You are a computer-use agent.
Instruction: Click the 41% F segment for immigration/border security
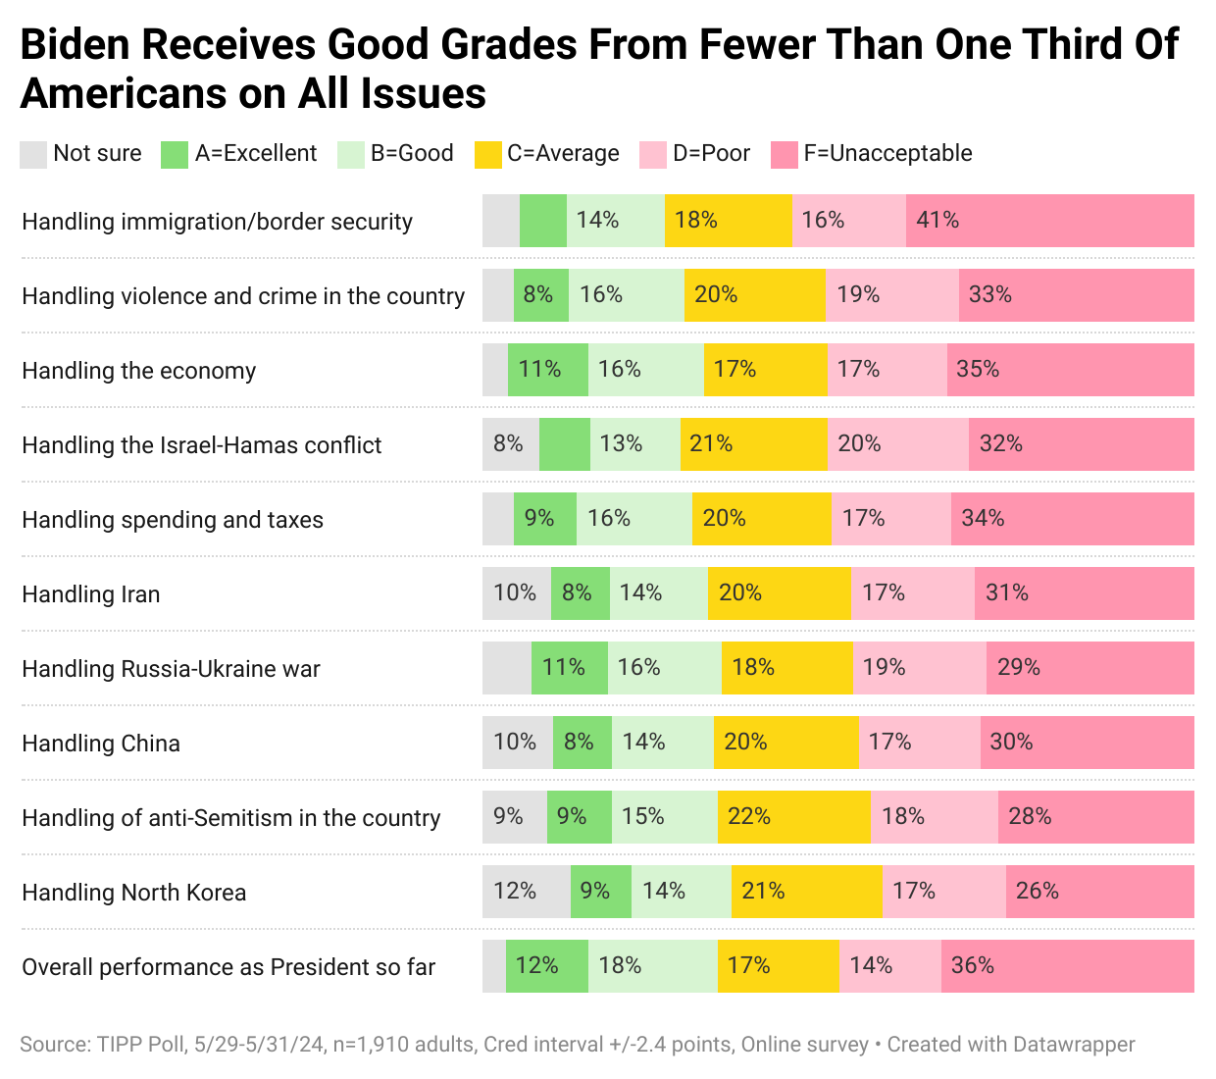(1049, 221)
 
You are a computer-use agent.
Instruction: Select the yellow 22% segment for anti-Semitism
(793, 817)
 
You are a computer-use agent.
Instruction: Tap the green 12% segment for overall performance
(546, 966)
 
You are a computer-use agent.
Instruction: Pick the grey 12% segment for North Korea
(526, 892)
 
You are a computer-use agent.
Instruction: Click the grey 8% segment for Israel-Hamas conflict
(510, 444)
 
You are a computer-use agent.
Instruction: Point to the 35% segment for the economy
(1070, 370)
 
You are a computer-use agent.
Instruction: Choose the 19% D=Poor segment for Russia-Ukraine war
(919, 668)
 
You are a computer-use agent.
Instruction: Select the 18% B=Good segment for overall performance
(652, 966)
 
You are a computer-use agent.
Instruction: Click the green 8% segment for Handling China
(582, 743)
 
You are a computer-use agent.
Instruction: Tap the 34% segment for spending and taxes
(1072, 519)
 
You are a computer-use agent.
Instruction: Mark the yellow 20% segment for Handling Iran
(779, 593)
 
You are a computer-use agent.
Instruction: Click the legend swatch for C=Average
(487, 154)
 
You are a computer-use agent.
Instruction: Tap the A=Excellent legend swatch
(174, 154)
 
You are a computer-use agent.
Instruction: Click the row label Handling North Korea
(134, 893)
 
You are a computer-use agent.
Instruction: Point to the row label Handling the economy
(138, 371)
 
